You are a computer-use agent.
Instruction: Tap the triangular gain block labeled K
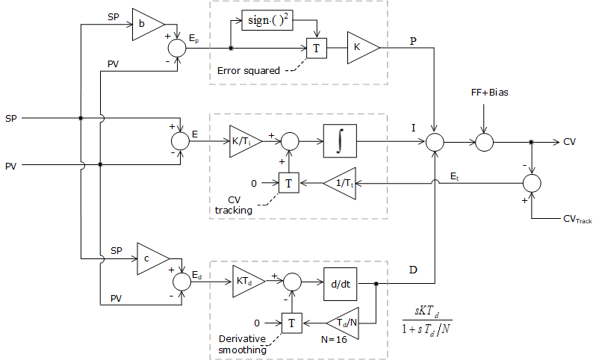pyautogui.click(x=361, y=48)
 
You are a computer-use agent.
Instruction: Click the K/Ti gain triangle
pyautogui.click(x=244, y=140)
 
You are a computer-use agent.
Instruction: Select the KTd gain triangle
pyautogui.click(x=246, y=281)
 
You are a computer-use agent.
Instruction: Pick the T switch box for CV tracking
pyautogui.click(x=288, y=181)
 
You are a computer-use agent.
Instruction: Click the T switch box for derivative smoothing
pyautogui.click(x=291, y=322)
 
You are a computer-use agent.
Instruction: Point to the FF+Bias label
pyautogui.click(x=485, y=93)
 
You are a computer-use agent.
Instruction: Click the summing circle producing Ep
pyautogui.click(x=177, y=49)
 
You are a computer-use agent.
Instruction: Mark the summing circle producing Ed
pyautogui.click(x=182, y=282)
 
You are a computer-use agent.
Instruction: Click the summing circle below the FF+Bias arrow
pyautogui.click(x=484, y=140)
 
